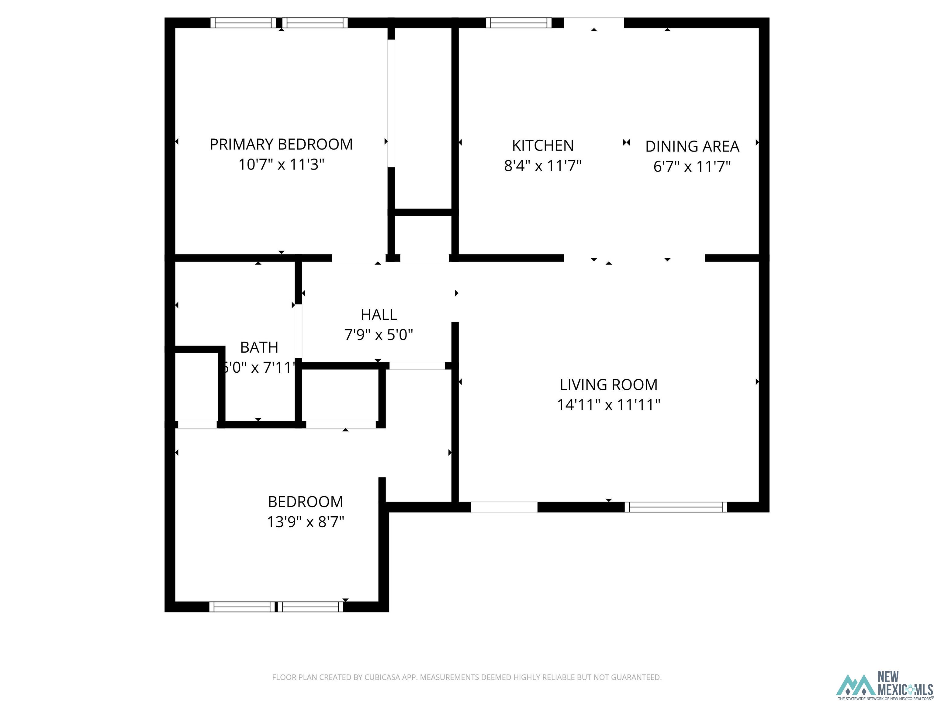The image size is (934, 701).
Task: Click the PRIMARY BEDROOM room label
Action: point(281,145)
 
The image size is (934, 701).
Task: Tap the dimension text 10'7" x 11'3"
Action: point(281,164)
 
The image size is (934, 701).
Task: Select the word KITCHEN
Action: point(543,146)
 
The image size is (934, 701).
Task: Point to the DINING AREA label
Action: point(692,147)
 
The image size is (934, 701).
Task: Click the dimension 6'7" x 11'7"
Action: point(692,166)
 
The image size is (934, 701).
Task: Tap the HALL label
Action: point(379,315)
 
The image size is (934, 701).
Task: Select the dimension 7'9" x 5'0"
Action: point(379,335)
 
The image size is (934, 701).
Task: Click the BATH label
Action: point(259,347)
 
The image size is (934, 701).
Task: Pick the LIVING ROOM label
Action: point(608,385)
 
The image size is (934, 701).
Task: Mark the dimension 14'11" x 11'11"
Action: point(608,405)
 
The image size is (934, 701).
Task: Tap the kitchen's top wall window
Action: point(518,23)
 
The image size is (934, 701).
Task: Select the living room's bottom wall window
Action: point(676,507)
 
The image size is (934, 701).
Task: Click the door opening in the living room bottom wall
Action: point(504,507)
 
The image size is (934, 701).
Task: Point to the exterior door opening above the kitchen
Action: point(594,23)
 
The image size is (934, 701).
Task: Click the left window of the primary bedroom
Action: point(243,23)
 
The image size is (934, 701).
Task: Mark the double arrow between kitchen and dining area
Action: point(627,143)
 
